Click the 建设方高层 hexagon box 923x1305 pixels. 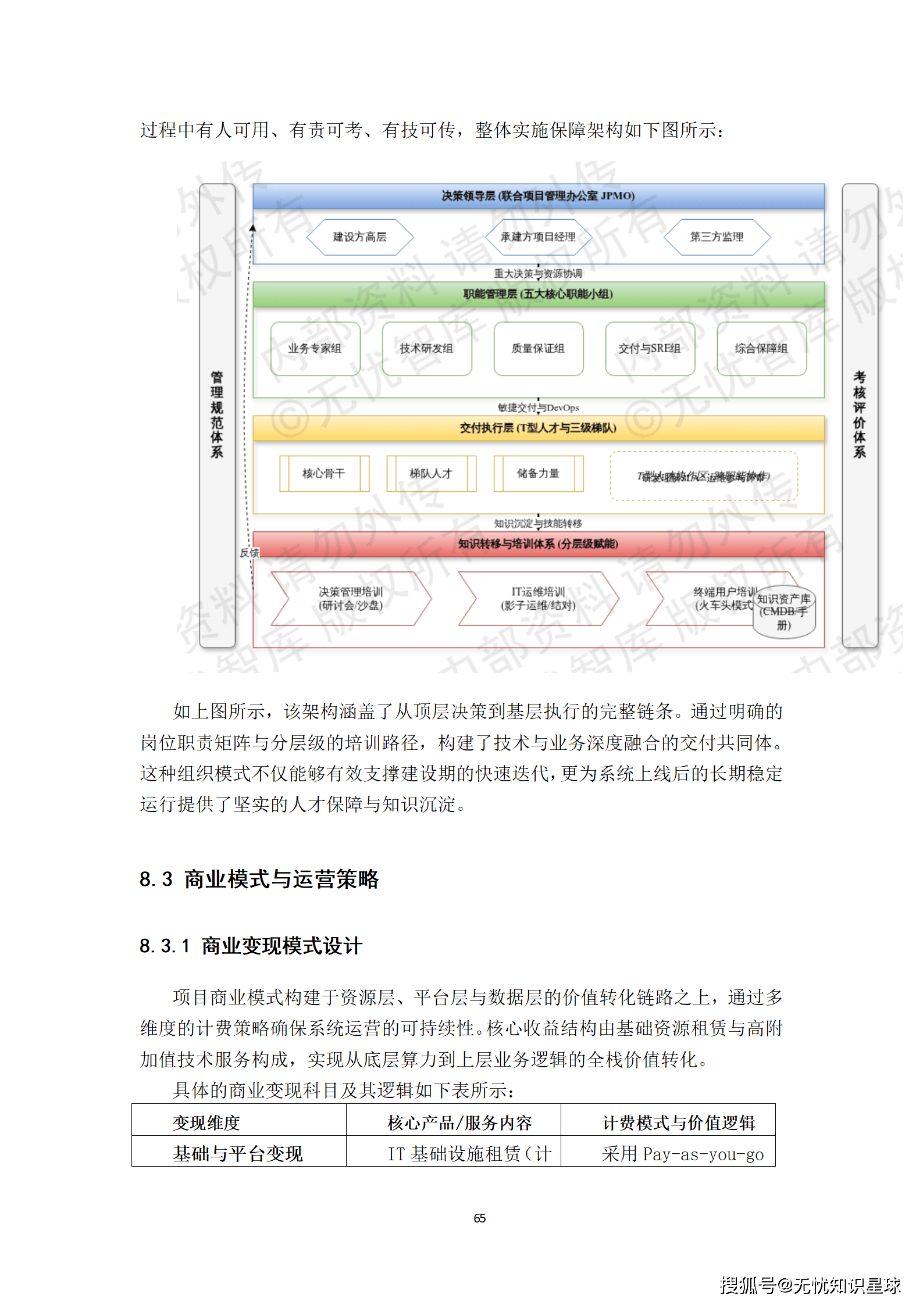click(359, 237)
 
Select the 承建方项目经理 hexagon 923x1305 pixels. click(538, 237)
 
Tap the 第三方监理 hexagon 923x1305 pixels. click(717, 237)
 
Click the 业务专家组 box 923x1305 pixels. click(315, 349)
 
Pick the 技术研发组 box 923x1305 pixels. click(426, 349)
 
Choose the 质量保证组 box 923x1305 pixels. click(538, 349)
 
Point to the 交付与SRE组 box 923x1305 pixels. click(650, 349)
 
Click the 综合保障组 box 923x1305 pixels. click(761, 349)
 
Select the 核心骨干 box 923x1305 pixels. click(324, 474)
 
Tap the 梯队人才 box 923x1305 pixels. click(431, 474)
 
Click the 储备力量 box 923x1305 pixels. click(538, 474)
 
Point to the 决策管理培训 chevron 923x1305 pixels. click(351, 599)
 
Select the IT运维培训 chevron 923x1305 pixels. click(538, 599)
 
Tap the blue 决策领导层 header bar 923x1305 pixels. click(538, 196)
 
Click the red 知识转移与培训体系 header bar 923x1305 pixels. click(538, 544)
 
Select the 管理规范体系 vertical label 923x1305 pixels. click(217, 415)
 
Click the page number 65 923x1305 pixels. click(480, 1218)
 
